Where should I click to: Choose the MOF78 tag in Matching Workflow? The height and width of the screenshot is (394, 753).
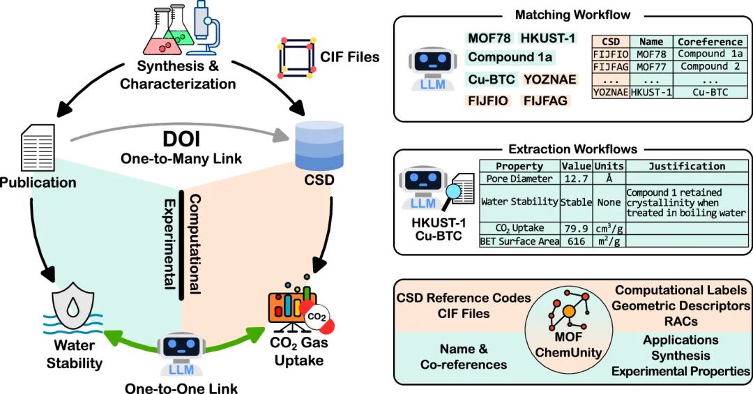[x=487, y=37]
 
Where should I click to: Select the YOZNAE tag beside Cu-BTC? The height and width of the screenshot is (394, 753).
[x=550, y=79]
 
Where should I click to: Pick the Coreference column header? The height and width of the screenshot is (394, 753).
[x=710, y=42]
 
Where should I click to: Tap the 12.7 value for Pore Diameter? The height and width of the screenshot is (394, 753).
[x=575, y=179]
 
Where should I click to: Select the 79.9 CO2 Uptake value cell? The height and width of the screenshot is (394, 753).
[x=575, y=228]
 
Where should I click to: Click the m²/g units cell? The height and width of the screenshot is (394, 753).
[x=608, y=241]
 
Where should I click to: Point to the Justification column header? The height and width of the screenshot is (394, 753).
[x=687, y=167]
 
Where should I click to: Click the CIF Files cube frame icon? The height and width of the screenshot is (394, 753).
[x=295, y=56]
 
